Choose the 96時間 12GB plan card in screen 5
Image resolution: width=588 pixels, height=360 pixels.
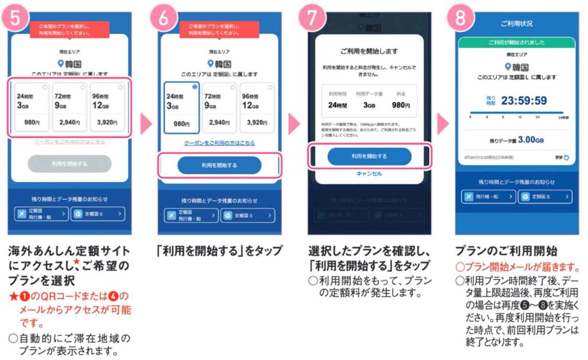point(107,108)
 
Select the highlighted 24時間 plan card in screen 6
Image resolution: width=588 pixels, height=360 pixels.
point(182,108)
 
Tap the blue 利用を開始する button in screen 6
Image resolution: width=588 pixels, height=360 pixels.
point(220,165)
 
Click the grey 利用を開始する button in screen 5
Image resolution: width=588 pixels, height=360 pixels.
point(69,164)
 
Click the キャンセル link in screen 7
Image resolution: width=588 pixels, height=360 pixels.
point(369,174)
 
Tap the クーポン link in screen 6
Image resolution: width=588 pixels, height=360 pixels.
point(220,143)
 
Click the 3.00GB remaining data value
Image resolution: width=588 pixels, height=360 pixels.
point(530,140)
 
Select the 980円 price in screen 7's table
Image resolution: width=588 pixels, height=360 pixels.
point(400,105)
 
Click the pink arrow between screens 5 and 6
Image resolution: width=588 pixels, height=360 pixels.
point(144,125)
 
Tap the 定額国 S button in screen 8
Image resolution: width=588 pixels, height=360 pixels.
point(545,197)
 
